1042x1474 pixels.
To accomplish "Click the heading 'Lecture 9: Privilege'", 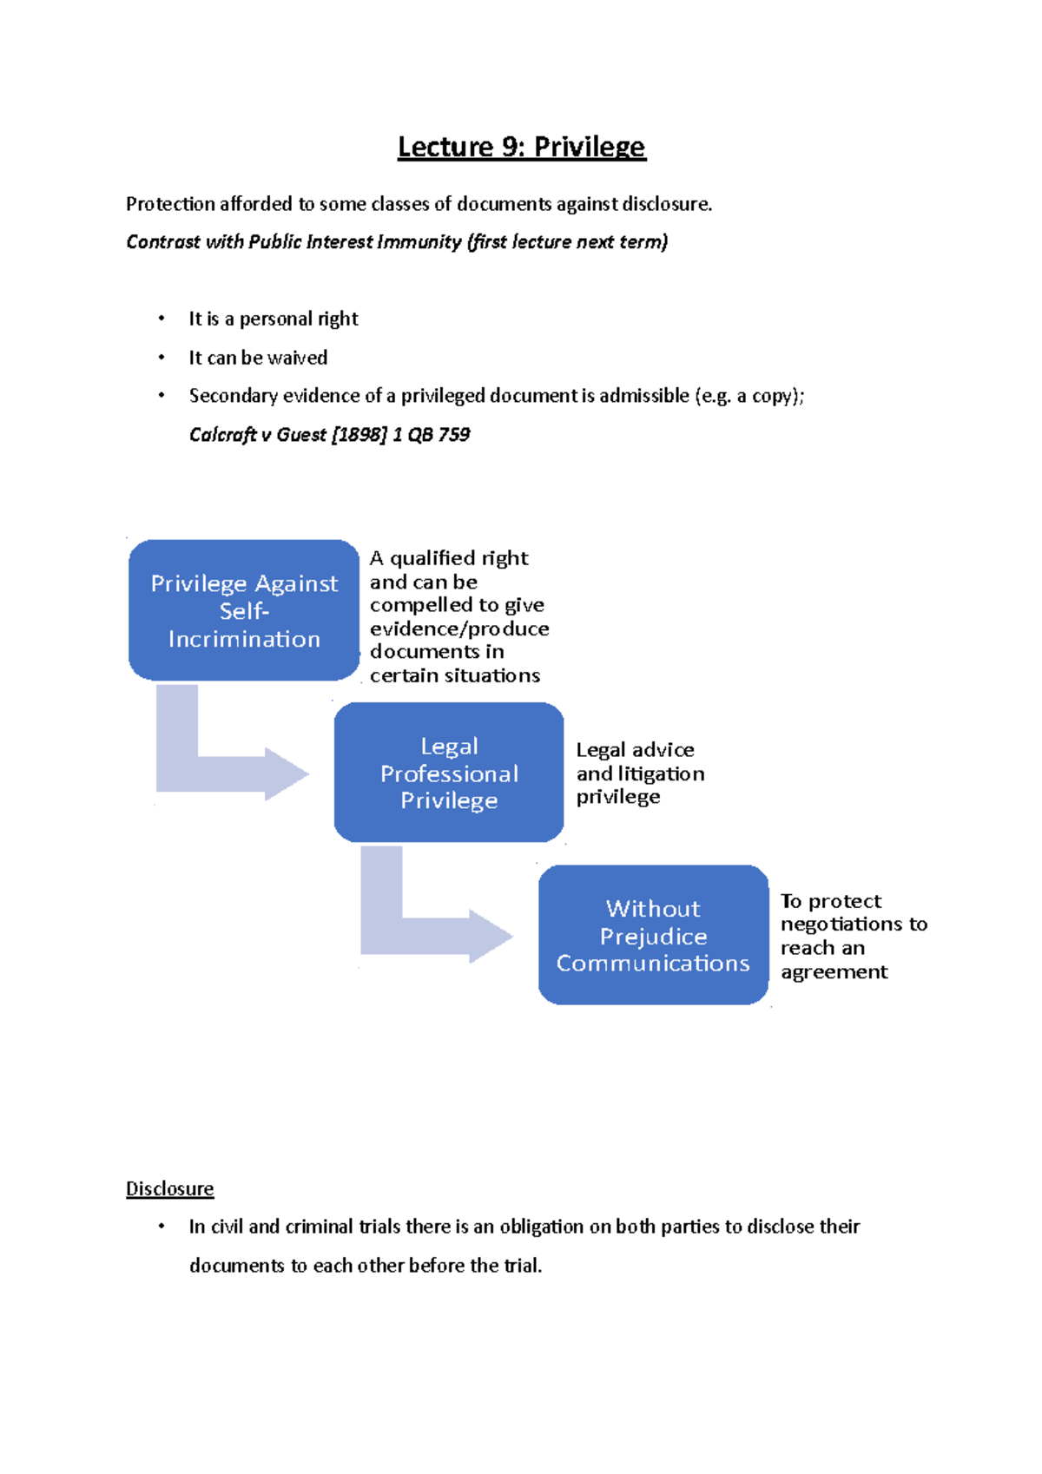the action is [x=521, y=147].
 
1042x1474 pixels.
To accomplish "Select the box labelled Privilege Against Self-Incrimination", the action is [x=244, y=610].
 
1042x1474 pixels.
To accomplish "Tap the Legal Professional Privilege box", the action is [x=449, y=772].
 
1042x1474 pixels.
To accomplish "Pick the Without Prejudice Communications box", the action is [x=654, y=935].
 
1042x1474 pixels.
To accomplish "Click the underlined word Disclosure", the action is [x=170, y=1188].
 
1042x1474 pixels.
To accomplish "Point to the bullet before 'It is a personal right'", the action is [x=161, y=319].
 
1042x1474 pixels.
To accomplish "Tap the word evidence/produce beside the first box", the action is [x=459, y=628].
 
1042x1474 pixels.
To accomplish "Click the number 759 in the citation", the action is [x=454, y=434].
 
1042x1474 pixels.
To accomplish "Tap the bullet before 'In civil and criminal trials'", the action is [x=161, y=1227].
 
